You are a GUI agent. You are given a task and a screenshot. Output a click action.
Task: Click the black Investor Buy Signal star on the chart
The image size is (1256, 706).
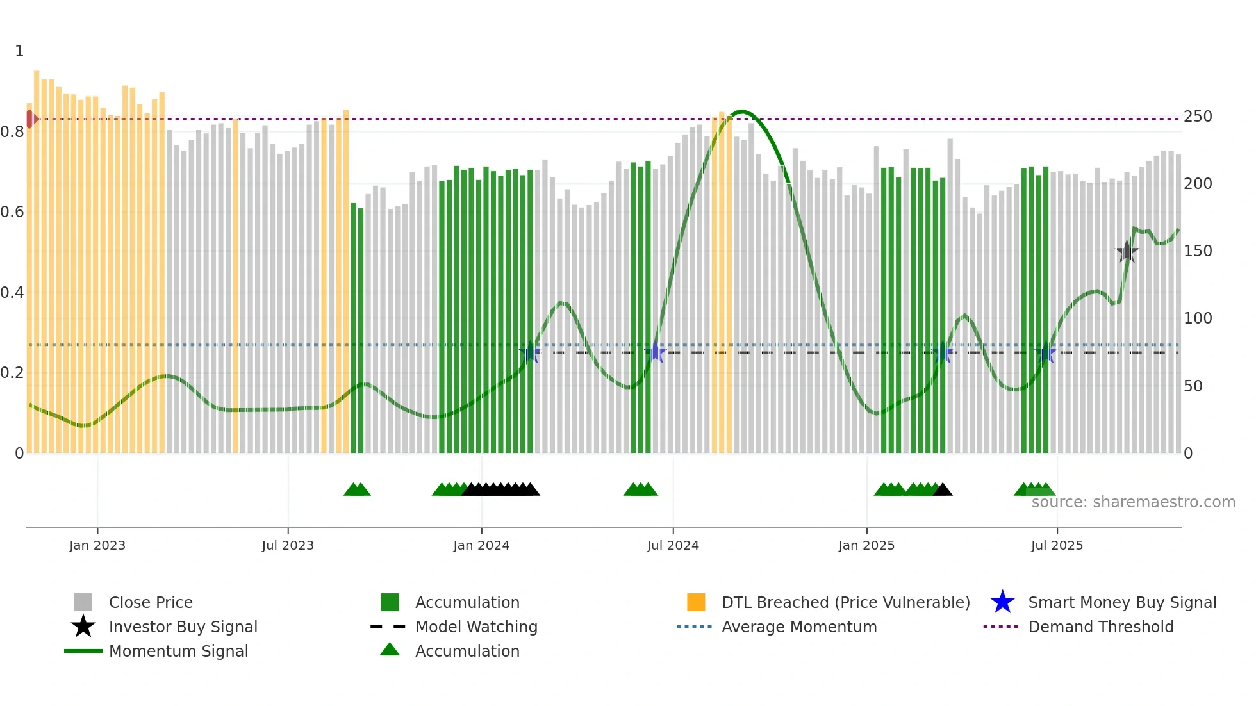(x=1127, y=252)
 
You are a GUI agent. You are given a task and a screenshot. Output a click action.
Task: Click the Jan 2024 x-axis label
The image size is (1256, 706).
(x=481, y=545)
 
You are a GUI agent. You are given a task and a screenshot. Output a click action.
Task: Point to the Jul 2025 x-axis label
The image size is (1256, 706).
(x=1057, y=545)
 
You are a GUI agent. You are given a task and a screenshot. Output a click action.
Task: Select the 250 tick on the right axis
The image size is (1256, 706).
(x=1198, y=117)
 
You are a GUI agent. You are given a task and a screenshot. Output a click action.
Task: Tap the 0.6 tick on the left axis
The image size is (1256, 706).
(x=12, y=212)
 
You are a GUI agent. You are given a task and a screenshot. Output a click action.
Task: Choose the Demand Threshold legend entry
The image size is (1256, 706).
(x=1100, y=627)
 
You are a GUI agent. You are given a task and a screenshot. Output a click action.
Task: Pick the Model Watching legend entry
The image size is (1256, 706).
(x=475, y=627)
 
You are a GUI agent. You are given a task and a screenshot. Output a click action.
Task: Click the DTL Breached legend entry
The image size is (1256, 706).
(x=845, y=602)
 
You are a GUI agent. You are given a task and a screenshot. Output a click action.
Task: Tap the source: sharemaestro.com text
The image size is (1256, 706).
(x=1133, y=502)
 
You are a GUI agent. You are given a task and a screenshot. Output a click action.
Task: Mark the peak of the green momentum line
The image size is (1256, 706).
(x=741, y=111)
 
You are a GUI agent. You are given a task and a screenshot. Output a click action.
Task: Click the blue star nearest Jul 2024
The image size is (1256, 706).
(x=656, y=352)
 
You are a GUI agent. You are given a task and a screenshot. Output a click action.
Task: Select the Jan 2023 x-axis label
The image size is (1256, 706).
(x=97, y=545)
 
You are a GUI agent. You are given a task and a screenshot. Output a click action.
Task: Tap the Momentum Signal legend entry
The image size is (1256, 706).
(x=178, y=651)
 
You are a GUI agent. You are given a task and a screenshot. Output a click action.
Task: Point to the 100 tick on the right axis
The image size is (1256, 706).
(x=1198, y=318)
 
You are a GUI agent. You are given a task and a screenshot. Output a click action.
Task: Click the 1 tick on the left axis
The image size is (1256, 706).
(x=19, y=51)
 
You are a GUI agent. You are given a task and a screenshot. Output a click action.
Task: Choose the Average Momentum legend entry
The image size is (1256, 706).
(x=798, y=627)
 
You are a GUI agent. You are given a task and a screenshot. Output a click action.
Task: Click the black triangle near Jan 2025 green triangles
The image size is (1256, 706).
(x=943, y=490)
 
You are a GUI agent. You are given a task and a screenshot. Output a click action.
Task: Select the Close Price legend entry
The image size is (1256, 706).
(x=150, y=602)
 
